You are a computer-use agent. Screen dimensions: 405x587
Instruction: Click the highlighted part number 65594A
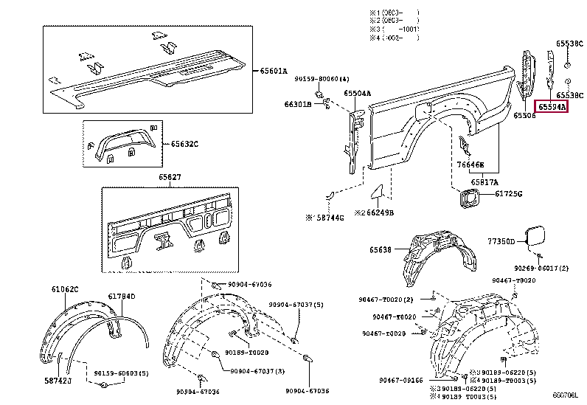click(x=552, y=107)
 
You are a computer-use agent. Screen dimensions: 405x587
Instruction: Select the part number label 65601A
click(x=274, y=71)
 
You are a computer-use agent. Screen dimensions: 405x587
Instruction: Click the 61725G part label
click(x=508, y=194)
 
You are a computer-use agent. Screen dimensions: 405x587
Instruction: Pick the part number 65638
click(x=383, y=249)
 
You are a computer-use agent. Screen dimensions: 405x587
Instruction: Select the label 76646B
click(x=470, y=165)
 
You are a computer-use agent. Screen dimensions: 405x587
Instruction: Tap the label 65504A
click(x=358, y=94)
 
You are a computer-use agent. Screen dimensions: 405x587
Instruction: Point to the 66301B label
click(x=298, y=105)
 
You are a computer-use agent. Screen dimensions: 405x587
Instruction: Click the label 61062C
click(x=65, y=288)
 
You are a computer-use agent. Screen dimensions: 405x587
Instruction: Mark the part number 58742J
click(x=58, y=380)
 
